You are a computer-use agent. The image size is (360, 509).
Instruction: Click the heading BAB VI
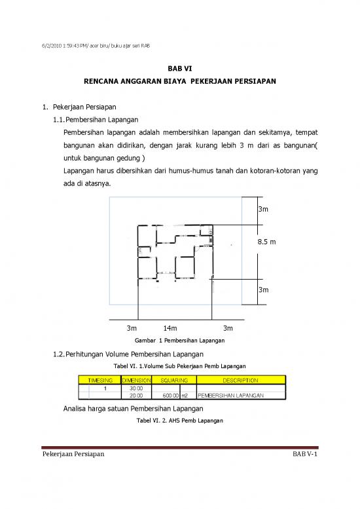click(x=179, y=67)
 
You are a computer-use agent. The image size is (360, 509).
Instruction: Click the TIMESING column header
click(x=100, y=380)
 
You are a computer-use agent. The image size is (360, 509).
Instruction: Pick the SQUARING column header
click(x=174, y=380)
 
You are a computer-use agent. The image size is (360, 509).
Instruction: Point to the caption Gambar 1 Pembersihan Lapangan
click(x=179, y=341)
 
